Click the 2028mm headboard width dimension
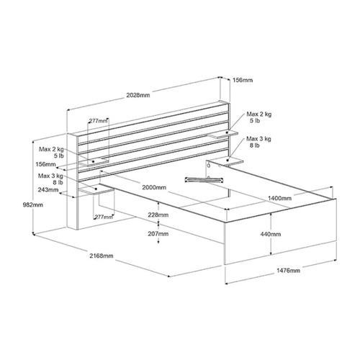coord(138,95)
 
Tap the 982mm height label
coord(33,205)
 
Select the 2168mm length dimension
coord(102,256)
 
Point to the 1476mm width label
coord(288,271)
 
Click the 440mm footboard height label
coord(271,234)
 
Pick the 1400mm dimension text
coord(279,198)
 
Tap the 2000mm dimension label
coord(154,187)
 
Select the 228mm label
coord(158,215)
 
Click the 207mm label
coord(158,233)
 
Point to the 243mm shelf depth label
coord(48,189)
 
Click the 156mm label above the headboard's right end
coord(243,80)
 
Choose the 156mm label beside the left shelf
coord(46,164)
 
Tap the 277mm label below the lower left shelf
coord(104,217)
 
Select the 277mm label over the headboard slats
coord(98,120)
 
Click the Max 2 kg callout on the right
coord(259,117)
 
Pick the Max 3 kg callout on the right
coord(258,142)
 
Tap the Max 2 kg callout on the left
coord(52,153)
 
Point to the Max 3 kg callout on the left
coord(50,179)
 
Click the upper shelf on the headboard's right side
coord(223,134)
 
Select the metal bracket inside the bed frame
coord(204,180)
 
